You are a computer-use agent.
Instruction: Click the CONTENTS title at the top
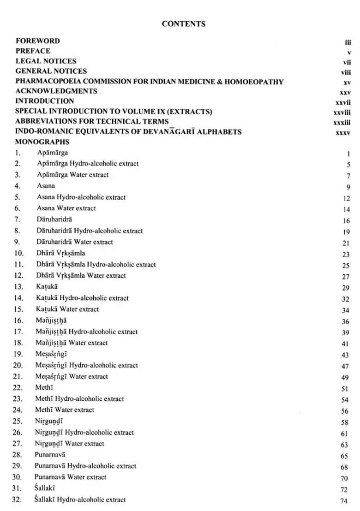(184, 24)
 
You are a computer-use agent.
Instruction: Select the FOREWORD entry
(38, 41)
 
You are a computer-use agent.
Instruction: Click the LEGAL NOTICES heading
(46, 61)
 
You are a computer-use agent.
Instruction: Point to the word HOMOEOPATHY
(254, 82)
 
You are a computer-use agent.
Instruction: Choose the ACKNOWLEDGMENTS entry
(56, 91)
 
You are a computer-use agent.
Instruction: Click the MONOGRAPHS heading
(42, 142)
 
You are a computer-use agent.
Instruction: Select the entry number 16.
(18, 321)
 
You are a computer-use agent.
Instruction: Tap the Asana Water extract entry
(66, 208)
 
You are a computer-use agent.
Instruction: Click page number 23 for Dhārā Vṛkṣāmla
(346, 255)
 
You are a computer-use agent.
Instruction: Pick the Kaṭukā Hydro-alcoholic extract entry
(82, 298)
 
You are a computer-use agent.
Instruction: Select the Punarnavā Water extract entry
(70, 477)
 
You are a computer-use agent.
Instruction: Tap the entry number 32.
(17, 500)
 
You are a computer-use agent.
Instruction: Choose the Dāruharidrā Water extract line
(75, 242)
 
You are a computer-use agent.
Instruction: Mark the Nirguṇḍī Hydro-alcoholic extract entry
(84, 433)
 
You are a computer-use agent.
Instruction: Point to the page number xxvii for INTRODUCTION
(343, 102)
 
